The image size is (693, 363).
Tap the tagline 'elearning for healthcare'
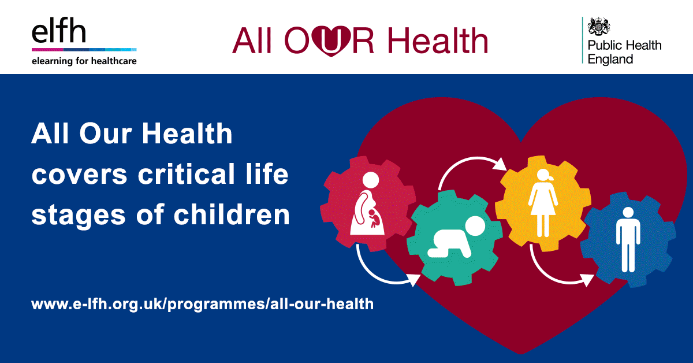(x=84, y=60)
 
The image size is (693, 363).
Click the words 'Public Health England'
(x=624, y=52)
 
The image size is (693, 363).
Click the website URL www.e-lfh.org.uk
(x=203, y=303)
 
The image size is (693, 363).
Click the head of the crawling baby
(x=477, y=227)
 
